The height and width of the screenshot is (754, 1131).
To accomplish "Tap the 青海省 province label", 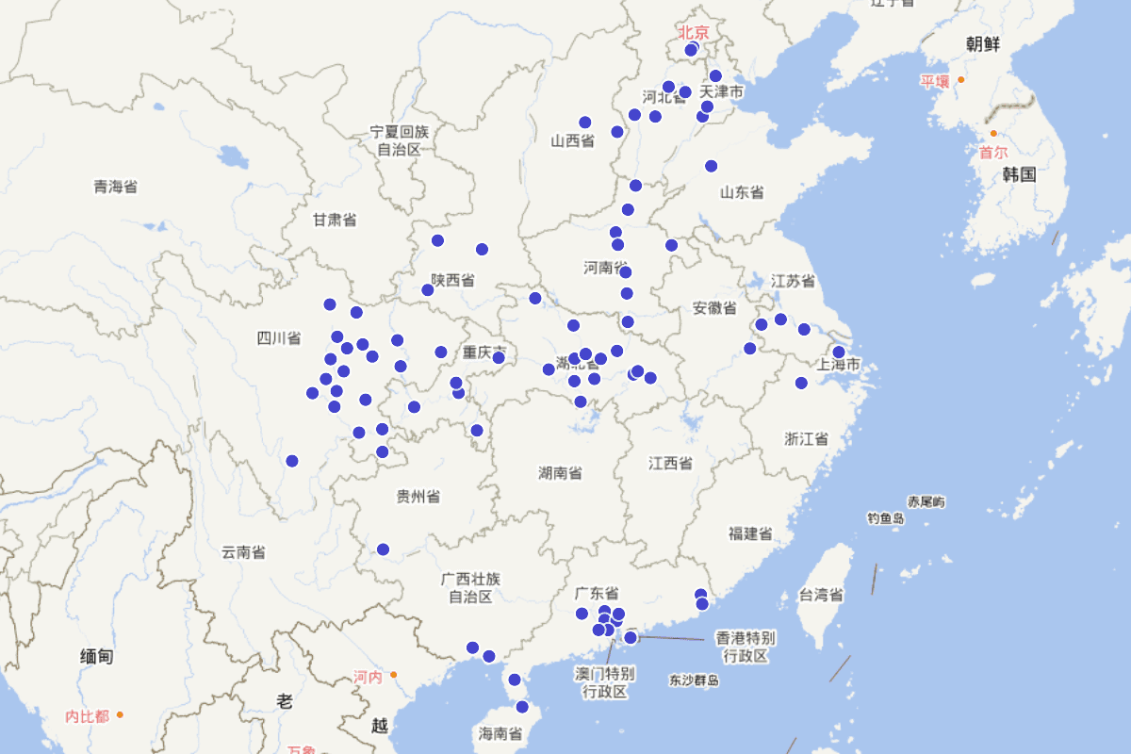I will (115, 187).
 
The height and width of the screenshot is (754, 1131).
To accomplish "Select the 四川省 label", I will (278, 338).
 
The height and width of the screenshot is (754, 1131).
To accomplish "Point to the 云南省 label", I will (242, 552).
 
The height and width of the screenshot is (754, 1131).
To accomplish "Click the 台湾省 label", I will (821, 595).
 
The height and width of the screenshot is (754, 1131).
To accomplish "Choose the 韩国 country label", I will (1019, 174).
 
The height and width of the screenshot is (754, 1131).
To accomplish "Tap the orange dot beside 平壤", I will (960, 80).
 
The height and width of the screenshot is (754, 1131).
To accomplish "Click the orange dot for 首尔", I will (993, 134).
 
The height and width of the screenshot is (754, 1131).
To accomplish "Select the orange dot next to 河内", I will (393, 674).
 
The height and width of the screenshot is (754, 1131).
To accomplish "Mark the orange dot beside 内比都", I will (120, 715).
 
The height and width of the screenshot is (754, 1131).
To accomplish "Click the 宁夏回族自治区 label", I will (399, 140).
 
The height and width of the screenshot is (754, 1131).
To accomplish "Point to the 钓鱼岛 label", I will (886, 518).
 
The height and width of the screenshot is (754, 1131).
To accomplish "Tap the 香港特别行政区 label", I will (746, 647).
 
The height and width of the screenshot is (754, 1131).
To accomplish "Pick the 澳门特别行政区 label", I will (604, 682).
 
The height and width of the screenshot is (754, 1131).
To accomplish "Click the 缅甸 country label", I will (97, 656).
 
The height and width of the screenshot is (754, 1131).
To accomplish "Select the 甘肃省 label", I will (335, 220).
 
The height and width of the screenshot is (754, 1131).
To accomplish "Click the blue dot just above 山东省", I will (711, 166).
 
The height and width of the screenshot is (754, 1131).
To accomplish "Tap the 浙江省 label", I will (806, 438).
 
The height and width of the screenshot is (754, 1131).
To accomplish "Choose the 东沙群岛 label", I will (694, 680).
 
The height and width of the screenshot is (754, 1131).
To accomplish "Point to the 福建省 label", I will (750, 534).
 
